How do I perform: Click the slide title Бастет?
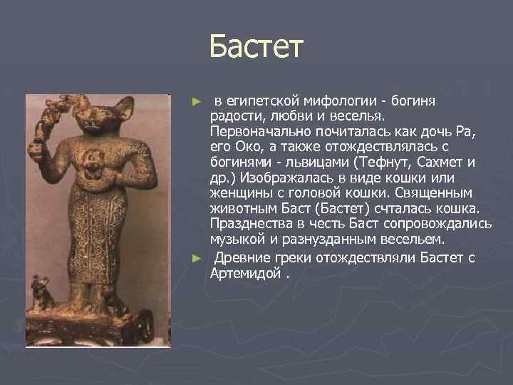coord(256,48)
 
